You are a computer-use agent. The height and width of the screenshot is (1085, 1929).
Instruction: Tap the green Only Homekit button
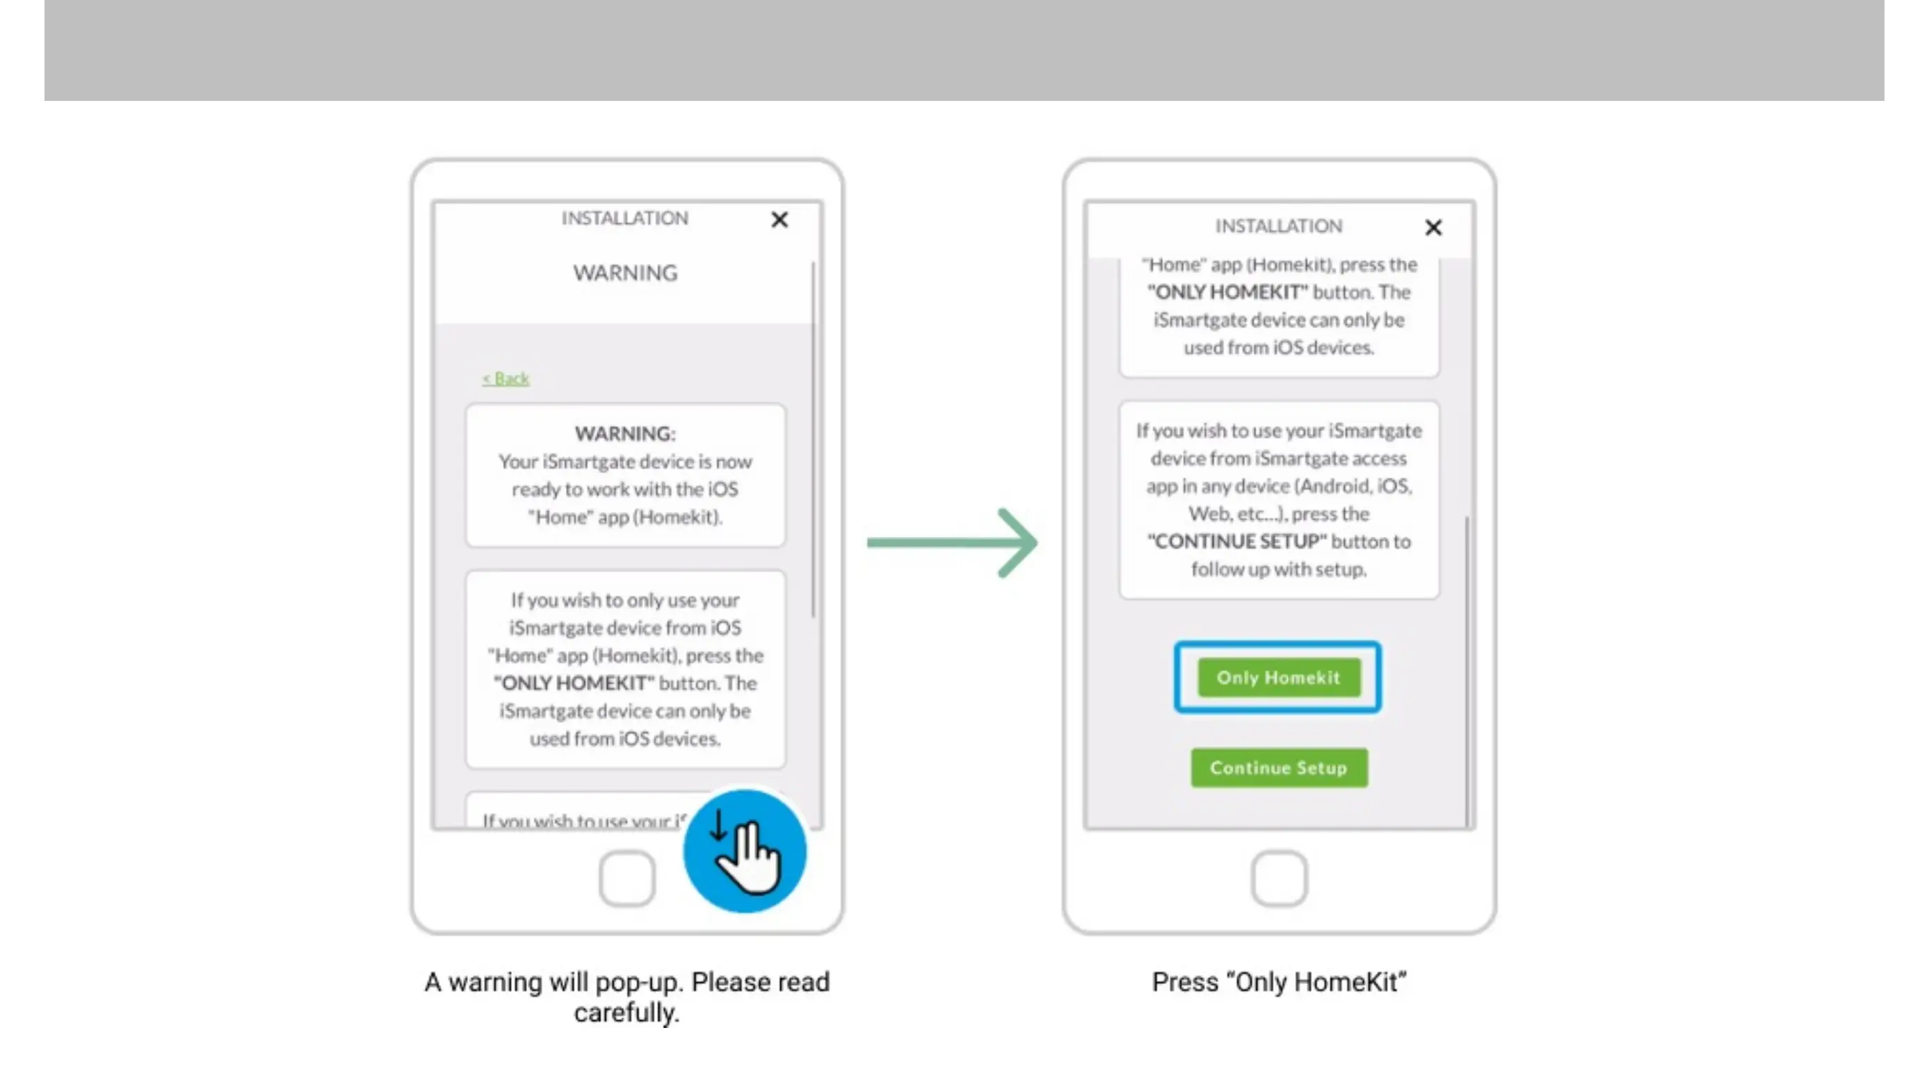[x=1278, y=677]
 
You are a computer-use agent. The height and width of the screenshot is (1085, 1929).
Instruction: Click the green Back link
[x=506, y=379]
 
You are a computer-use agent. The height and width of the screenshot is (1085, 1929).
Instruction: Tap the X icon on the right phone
[x=1433, y=227]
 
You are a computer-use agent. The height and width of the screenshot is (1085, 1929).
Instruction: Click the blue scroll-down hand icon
[x=744, y=851]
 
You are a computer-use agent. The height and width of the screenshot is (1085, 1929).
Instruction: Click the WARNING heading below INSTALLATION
[x=625, y=273]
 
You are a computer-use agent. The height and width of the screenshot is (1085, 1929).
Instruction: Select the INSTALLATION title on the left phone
[x=624, y=218]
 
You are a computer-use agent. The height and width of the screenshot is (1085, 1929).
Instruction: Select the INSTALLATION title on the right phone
[x=1278, y=226]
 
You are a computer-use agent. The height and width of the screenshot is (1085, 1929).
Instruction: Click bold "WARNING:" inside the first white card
[x=624, y=433]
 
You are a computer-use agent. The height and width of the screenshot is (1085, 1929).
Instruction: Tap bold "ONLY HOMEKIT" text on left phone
[x=574, y=684]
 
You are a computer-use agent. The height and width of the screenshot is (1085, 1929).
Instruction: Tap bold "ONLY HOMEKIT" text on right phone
[x=1228, y=292]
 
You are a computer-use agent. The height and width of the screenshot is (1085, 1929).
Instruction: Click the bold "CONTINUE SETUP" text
[x=1237, y=541]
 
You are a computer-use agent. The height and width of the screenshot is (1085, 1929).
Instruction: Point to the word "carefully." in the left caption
[x=626, y=1013]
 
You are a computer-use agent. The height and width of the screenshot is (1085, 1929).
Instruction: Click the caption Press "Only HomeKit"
[x=1279, y=981]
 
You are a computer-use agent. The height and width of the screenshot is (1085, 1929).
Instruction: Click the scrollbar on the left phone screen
[x=813, y=442]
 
